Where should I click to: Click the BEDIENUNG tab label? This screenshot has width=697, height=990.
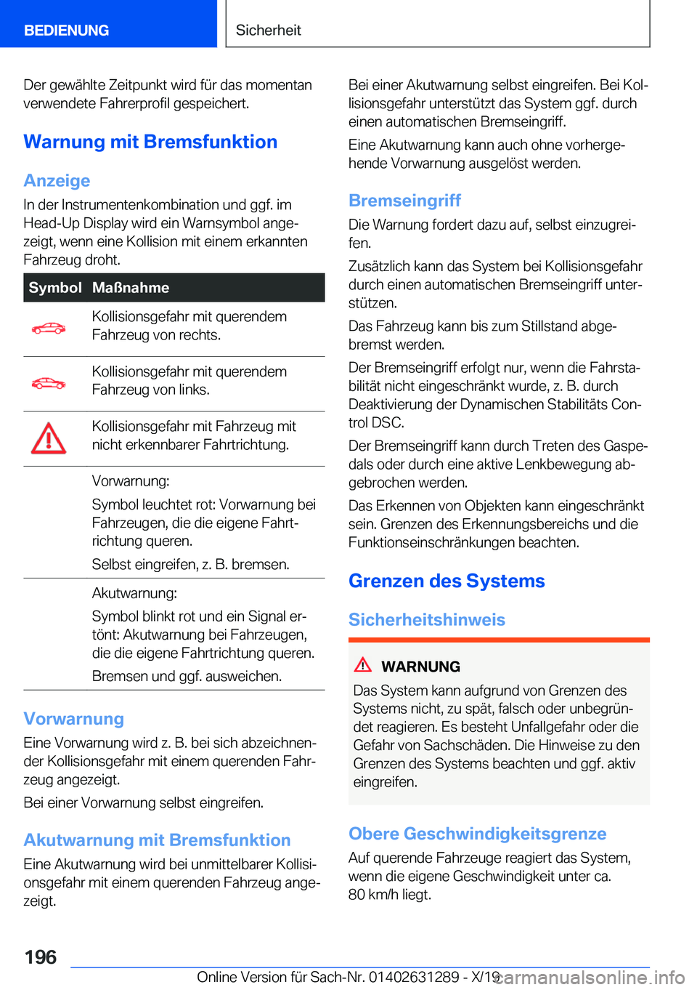[x=66, y=31]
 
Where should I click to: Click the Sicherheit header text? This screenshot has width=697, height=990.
[x=268, y=31]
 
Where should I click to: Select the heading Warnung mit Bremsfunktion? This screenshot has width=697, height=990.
[x=150, y=142]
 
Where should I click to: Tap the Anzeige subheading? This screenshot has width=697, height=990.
[x=57, y=180]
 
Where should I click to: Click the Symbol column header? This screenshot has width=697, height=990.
[x=55, y=288]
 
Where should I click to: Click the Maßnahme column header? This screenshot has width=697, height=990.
[x=131, y=288]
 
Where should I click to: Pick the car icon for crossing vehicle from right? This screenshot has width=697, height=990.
[x=49, y=329]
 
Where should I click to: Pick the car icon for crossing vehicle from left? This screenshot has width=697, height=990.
[x=49, y=383]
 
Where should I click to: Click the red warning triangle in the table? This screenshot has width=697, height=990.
[x=49, y=438]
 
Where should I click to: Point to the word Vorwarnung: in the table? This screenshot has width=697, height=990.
[x=131, y=481]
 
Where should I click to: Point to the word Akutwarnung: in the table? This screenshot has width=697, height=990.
[x=134, y=593]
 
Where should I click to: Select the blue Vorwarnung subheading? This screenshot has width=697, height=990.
[x=73, y=719]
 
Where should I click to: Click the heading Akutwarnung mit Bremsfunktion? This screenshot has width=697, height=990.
[x=157, y=840]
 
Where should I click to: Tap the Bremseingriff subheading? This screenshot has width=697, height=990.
[x=404, y=201]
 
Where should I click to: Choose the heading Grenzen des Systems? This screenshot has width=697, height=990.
[x=447, y=581]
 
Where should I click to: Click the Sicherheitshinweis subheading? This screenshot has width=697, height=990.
[x=427, y=620]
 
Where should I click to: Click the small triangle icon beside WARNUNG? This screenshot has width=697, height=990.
[x=363, y=664]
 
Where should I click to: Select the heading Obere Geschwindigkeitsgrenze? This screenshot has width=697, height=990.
[x=477, y=834]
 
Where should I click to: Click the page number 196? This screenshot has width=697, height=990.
[x=41, y=957]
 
